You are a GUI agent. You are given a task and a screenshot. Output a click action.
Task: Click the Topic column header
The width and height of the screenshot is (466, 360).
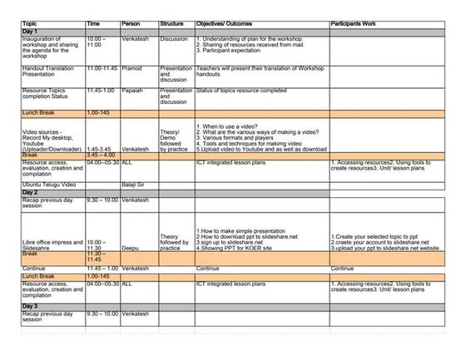pos(31,24)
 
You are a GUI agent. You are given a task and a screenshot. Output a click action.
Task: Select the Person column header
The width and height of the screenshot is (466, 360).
pos(132,24)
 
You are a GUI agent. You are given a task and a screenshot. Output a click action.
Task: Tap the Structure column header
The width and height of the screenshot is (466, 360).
pos(173,24)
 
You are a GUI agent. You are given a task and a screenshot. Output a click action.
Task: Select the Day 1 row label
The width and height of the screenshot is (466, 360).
pos(31,31)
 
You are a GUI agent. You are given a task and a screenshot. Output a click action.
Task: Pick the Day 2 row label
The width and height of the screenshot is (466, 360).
pos(31,192)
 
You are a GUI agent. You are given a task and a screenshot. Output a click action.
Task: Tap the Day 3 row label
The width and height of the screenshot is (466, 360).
pos(31,307)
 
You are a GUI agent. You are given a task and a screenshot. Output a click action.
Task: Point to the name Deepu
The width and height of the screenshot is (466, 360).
pos(131,247)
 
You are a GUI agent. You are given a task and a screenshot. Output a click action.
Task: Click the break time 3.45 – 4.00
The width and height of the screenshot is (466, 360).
pos(100,155)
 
